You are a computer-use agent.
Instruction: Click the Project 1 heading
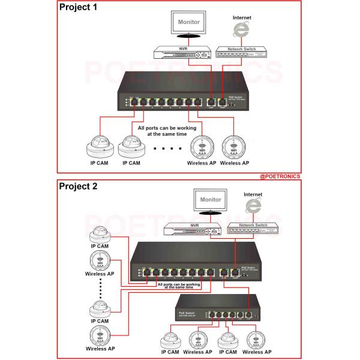(x=82, y=8)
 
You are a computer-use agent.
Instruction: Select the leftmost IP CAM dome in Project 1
(x=100, y=145)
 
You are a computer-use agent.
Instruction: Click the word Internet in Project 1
(x=241, y=18)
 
